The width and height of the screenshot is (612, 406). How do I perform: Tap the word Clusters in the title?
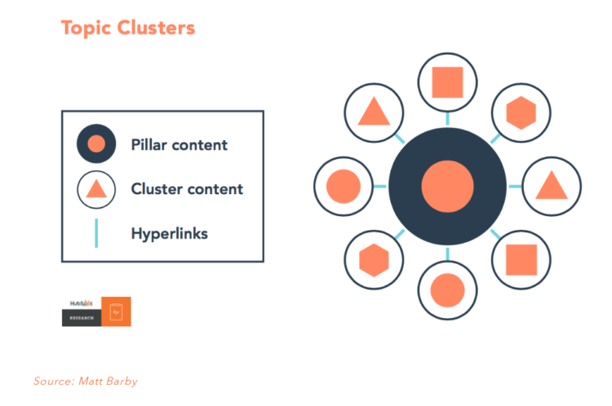[x=156, y=28]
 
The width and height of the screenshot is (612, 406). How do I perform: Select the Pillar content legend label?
[x=179, y=145]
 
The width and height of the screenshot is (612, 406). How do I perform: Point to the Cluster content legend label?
[x=187, y=189]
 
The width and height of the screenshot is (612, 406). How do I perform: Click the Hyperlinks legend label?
[x=169, y=234]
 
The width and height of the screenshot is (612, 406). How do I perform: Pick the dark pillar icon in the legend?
[x=95, y=145]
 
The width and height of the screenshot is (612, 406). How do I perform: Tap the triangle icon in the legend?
[x=95, y=190]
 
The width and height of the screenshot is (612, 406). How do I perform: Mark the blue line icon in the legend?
[x=95, y=233]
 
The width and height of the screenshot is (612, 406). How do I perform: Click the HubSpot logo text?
[x=81, y=304]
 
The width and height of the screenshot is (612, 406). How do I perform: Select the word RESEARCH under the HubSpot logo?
[x=81, y=318]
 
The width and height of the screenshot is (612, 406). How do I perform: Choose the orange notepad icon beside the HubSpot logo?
[x=116, y=311]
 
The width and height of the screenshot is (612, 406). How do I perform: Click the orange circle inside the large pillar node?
[x=447, y=187]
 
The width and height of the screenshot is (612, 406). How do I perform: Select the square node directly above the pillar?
[x=447, y=82]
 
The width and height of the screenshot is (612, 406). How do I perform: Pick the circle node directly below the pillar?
[x=447, y=289]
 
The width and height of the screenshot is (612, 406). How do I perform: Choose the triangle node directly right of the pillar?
[x=551, y=187]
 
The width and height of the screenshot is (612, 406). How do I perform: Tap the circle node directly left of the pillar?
[x=344, y=187]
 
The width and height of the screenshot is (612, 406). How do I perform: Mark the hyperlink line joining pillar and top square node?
[x=447, y=119]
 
